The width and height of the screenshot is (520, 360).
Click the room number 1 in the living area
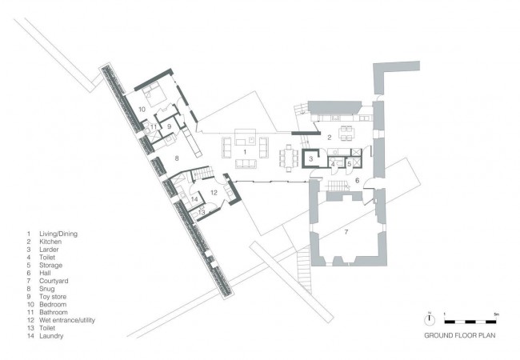[x=245, y=152]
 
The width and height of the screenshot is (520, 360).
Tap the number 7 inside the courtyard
[x=346, y=232]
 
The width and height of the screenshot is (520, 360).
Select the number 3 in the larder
[x=310, y=159]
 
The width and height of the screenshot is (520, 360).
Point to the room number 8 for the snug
[x=177, y=158]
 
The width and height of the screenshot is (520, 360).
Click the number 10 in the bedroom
[x=142, y=109]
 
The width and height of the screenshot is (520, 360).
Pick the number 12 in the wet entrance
[x=214, y=192]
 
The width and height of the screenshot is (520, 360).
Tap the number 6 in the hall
[x=357, y=180]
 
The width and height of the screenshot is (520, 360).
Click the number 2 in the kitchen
[x=330, y=138]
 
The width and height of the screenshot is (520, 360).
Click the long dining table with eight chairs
[x=289, y=158]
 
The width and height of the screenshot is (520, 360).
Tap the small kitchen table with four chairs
[x=346, y=133]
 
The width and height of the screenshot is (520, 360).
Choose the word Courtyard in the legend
[x=54, y=281]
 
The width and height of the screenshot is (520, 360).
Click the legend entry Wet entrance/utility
[x=67, y=320]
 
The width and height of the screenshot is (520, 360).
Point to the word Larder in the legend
[x=49, y=250]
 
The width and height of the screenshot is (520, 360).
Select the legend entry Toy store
[x=53, y=297]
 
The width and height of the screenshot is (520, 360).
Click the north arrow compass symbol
[x=430, y=318]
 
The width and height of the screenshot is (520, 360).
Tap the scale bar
[x=470, y=322]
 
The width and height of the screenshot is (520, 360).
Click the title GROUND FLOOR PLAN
[x=460, y=335]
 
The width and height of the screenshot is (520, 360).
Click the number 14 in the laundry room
[x=194, y=199]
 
